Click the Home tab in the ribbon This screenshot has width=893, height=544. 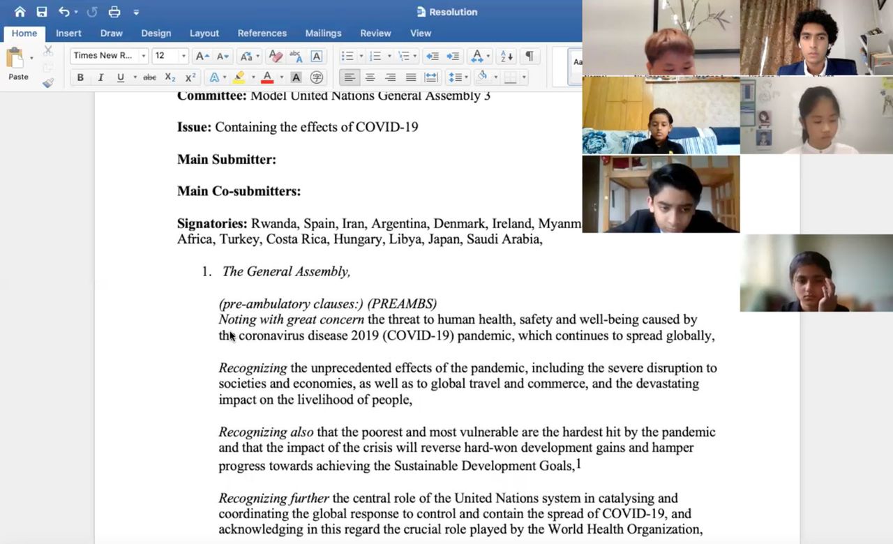[24, 33]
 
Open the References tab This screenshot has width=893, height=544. [262, 33]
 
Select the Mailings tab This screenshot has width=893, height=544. [323, 33]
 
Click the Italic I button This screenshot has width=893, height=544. [100, 77]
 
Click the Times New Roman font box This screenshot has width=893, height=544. [104, 56]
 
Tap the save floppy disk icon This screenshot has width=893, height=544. [42, 12]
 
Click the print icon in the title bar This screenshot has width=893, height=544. [114, 12]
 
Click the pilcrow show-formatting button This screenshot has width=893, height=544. [530, 56]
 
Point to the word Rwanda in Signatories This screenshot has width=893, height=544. [273, 224]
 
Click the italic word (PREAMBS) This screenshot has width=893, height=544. [402, 303]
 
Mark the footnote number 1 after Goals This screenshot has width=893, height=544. [578, 464]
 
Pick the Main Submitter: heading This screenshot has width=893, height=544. [227, 160]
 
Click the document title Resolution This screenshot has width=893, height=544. [453, 12]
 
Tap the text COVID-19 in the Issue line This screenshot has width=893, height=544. [387, 128]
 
